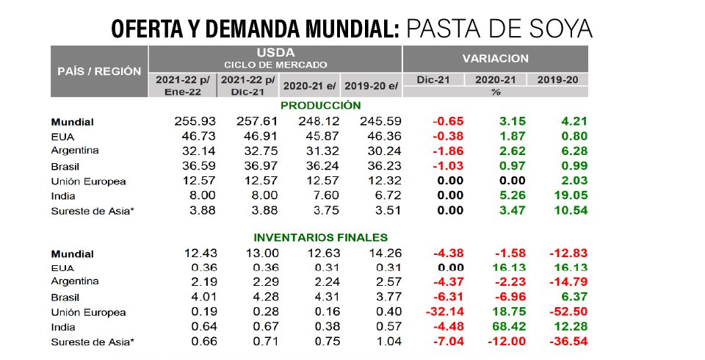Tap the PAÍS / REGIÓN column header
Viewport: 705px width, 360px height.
point(98,71)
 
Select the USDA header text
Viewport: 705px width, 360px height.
point(275,53)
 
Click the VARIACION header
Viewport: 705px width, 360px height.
point(495,58)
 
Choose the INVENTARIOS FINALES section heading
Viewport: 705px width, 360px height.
point(320,237)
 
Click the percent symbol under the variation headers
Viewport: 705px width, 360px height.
point(495,93)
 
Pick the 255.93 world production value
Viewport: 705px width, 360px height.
point(193,121)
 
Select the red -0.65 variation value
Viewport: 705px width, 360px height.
point(444,121)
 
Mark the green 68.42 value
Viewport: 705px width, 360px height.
point(505,326)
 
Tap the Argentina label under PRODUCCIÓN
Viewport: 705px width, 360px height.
point(75,151)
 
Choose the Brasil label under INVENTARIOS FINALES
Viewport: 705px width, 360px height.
point(66,297)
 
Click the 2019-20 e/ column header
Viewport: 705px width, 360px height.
point(372,85)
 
